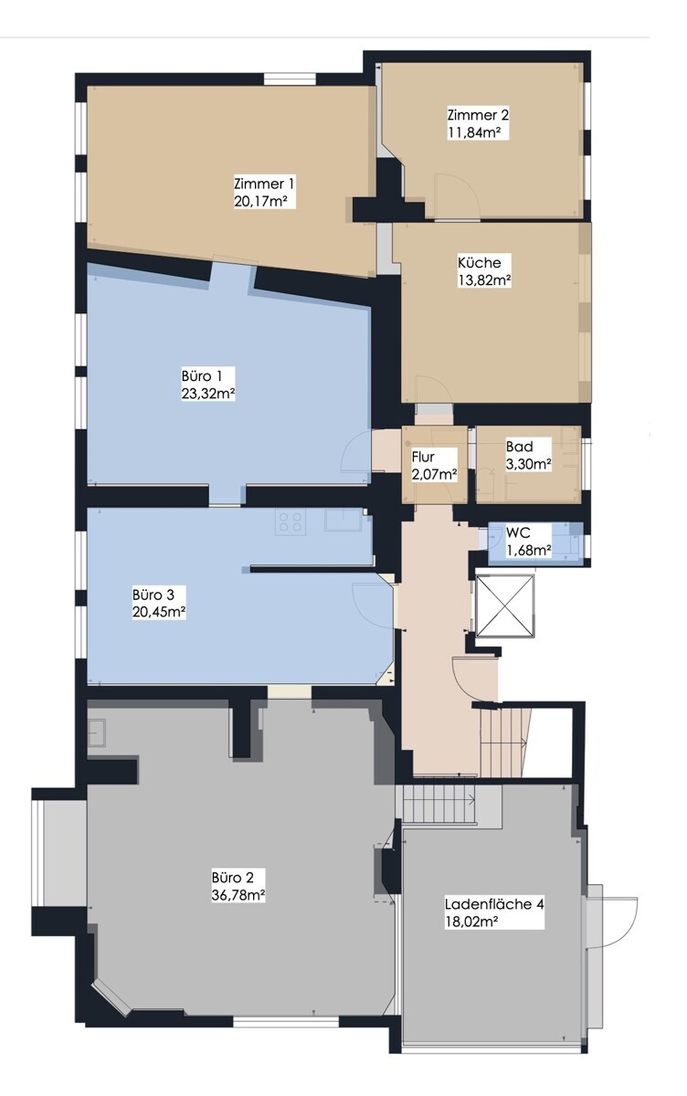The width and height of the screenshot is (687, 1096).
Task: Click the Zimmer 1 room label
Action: tap(264, 183)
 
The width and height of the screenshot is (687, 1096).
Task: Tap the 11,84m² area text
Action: tap(477, 132)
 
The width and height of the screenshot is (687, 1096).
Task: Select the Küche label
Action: tap(479, 262)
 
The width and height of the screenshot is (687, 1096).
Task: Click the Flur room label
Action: tap(422, 457)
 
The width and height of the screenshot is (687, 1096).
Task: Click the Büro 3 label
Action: tap(152, 594)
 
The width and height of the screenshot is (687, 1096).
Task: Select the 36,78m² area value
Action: tap(238, 896)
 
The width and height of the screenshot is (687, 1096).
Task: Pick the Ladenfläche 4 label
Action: tap(494, 904)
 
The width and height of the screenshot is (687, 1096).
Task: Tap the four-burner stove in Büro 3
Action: tap(291, 522)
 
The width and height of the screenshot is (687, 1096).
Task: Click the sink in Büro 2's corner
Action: tap(97, 732)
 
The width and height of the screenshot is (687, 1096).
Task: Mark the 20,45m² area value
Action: tap(159, 612)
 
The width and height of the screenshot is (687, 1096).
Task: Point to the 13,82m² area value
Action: tap(483, 280)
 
